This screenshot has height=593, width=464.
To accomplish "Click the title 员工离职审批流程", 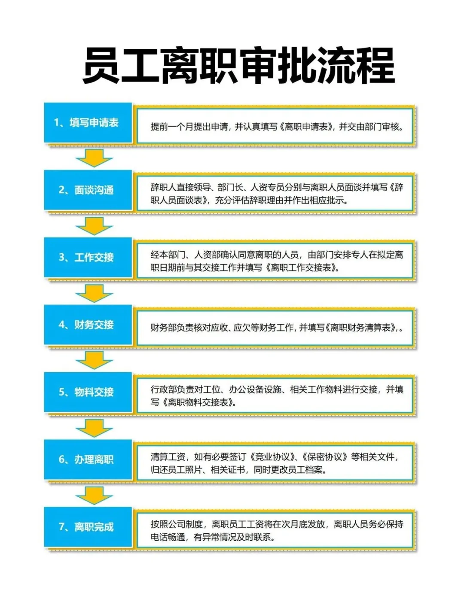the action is tap(238, 66).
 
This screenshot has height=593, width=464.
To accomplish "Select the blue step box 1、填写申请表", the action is tap(88, 123).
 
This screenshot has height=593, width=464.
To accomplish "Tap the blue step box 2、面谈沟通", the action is tap(88, 190).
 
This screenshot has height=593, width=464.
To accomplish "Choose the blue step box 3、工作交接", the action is tap(88, 257).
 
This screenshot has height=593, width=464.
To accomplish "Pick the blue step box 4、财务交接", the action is tap(88, 325).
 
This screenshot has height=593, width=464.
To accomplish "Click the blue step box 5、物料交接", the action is tap(88, 392).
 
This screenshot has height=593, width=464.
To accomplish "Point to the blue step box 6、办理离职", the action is tap(88, 459).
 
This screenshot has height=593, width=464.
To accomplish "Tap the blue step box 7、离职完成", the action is tap(88, 527).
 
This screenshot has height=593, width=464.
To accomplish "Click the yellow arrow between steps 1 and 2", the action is tap(94, 158).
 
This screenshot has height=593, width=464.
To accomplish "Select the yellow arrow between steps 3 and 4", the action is tap(94, 293).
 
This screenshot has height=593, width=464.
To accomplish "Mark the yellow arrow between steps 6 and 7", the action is tap(94, 495).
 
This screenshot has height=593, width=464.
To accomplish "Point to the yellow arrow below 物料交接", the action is tap(94, 428).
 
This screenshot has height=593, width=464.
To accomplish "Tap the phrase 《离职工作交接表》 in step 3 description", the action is tap(303, 268).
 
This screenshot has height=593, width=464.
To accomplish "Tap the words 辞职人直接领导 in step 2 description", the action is tap(180, 187).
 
